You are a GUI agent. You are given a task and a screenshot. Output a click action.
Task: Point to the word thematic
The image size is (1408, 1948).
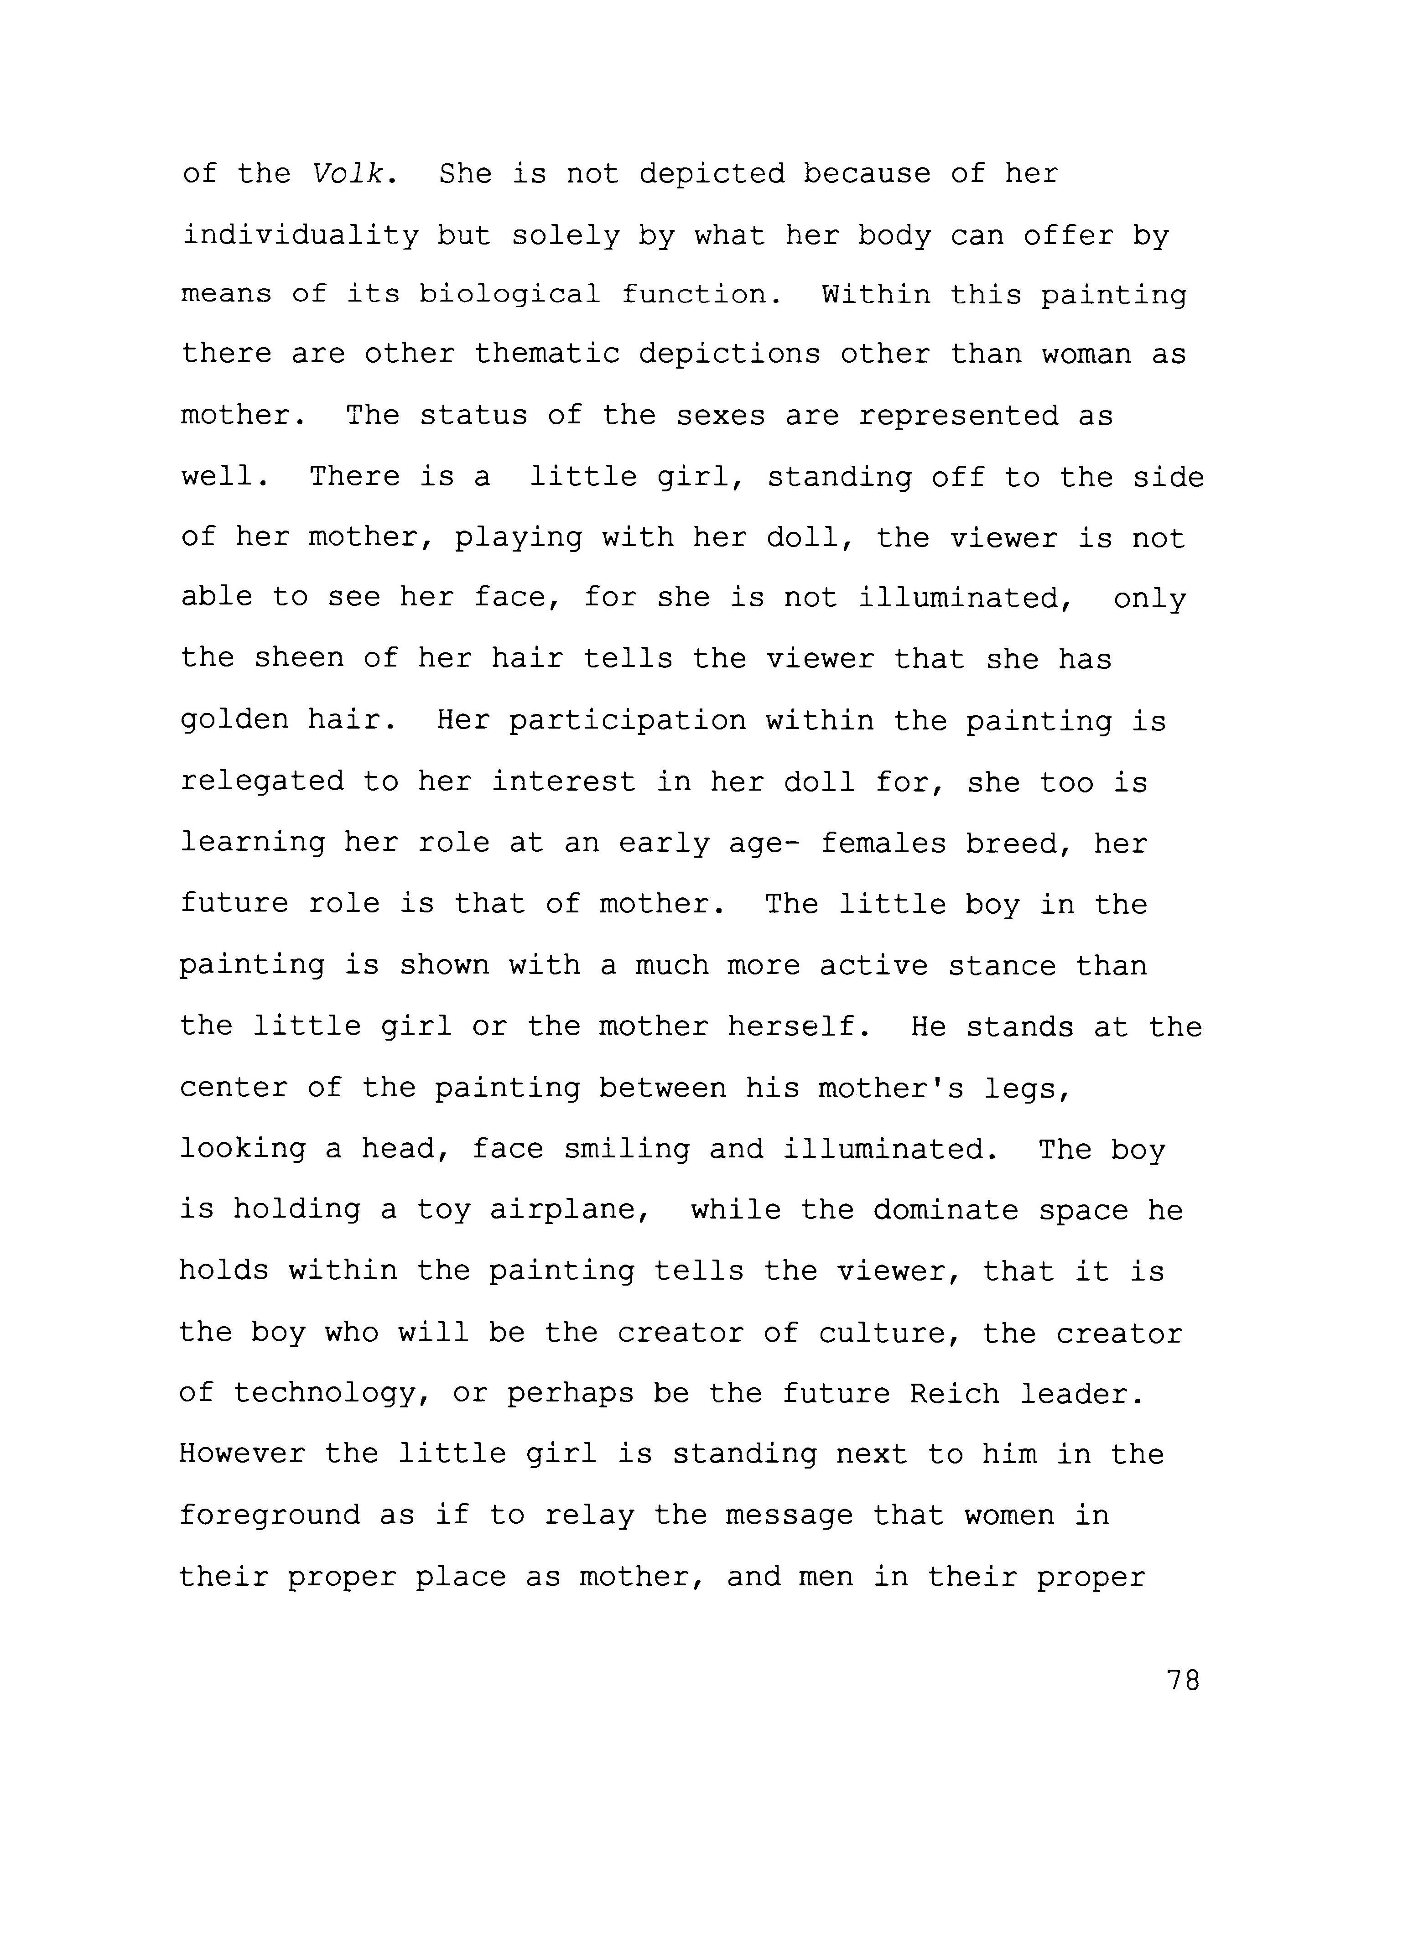click(x=547, y=355)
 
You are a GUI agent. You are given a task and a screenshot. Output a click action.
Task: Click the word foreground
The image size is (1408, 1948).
click(x=270, y=1516)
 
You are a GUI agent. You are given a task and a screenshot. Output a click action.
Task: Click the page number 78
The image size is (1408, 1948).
click(x=1182, y=1681)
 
